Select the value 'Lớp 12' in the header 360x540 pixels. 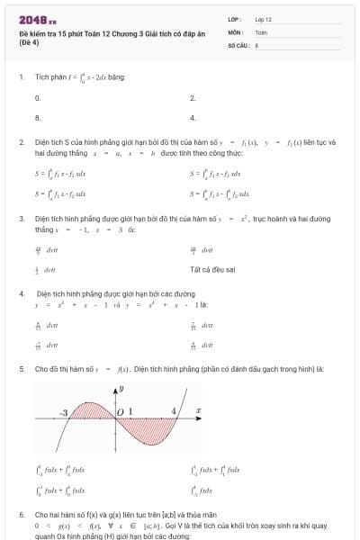(264, 18)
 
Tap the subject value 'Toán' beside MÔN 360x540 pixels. (261, 31)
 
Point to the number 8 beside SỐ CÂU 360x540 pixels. (256, 43)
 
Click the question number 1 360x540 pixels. (21, 76)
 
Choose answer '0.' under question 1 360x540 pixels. (38, 97)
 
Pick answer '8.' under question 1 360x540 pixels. (38, 118)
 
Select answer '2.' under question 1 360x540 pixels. (193, 97)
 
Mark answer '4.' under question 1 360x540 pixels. (193, 118)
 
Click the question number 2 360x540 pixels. (21, 142)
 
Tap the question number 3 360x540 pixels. (21, 219)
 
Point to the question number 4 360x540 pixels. (21, 294)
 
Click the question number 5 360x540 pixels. (21, 369)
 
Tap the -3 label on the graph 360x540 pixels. (65, 412)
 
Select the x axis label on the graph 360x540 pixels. (198, 411)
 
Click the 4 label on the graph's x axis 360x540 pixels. (174, 411)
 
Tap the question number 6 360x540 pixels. (21, 515)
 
